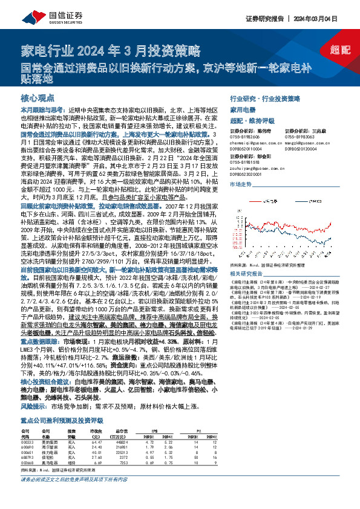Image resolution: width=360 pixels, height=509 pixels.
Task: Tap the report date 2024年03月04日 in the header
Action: [x=327, y=19]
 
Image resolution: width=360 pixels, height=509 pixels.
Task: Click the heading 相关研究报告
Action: [x=247, y=256]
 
